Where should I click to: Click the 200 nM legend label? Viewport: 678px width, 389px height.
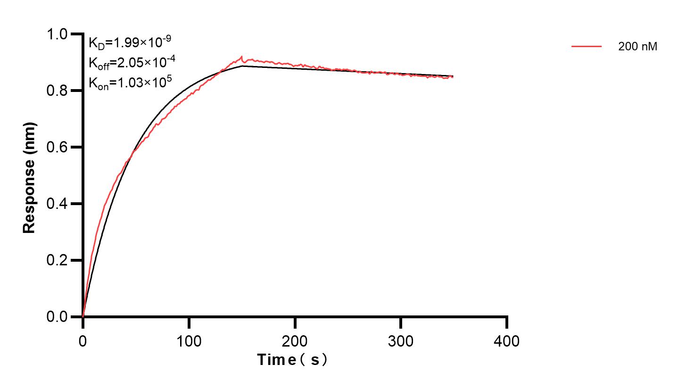(x=637, y=47)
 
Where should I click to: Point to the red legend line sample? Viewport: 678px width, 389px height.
(x=587, y=46)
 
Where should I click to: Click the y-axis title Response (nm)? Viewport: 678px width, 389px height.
(x=29, y=177)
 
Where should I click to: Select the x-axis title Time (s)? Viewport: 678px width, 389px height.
(x=292, y=360)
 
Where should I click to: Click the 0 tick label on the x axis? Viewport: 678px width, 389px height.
(x=83, y=340)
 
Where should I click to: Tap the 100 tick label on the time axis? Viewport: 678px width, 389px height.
(x=189, y=340)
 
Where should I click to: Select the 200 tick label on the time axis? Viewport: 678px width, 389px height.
(x=295, y=340)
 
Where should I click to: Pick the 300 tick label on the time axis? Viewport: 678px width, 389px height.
(x=401, y=340)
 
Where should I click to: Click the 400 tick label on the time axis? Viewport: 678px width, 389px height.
(x=507, y=340)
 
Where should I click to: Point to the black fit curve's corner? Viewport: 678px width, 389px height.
(x=242, y=66)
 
